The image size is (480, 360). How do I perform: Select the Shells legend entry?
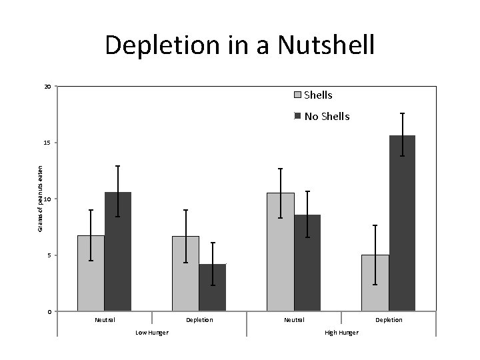(317, 95)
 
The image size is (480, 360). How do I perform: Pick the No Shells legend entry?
(326, 117)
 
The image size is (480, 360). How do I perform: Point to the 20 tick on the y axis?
(47, 87)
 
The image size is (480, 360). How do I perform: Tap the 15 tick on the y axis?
(47, 143)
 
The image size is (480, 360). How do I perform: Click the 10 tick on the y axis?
(47, 199)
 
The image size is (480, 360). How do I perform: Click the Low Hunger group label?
(152, 332)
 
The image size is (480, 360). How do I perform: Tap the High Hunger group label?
(341, 332)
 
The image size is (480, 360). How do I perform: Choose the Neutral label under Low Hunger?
(105, 320)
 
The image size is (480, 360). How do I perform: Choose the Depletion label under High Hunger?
(389, 320)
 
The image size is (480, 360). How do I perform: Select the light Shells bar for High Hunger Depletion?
(375, 283)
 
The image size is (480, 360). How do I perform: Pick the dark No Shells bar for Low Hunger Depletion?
(213, 288)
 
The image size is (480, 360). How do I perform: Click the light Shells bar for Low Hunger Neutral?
(91, 273)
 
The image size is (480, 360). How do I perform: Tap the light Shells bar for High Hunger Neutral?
(281, 252)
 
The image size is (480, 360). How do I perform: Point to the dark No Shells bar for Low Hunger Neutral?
(118, 252)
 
